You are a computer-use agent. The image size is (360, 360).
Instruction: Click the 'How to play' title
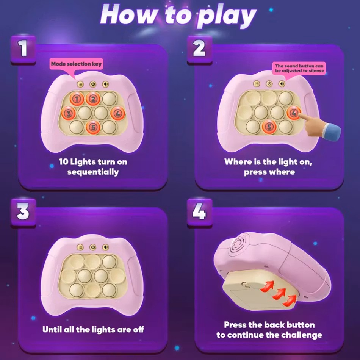click(x=178, y=15)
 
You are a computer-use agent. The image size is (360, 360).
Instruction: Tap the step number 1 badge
click(x=23, y=49)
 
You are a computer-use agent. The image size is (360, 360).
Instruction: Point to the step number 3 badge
click(x=23, y=212)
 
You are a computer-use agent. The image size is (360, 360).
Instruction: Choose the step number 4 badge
click(x=199, y=212)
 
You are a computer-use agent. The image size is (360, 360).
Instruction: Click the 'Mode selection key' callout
click(x=76, y=64)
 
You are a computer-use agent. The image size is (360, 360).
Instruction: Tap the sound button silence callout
click(x=299, y=69)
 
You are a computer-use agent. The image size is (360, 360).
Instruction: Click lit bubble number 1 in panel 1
click(x=77, y=99)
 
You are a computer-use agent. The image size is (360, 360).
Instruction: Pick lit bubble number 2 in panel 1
click(x=93, y=99)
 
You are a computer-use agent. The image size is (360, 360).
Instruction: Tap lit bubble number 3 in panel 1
click(x=68, y=113)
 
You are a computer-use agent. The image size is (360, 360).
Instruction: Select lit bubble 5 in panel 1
click(x=93, y=127)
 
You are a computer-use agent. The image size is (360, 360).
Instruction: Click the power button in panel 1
click(x=93, y=84)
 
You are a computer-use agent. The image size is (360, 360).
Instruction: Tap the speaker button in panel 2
click(x=282, y=84)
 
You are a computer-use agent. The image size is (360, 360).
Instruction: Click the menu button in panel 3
click(x=80, y=247)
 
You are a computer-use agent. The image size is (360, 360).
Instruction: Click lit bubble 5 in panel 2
click(x=269, y=127)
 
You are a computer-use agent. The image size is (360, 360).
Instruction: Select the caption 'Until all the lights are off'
click(x=93, y=329)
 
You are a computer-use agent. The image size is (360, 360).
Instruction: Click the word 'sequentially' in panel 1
click(x=93, y=172)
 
